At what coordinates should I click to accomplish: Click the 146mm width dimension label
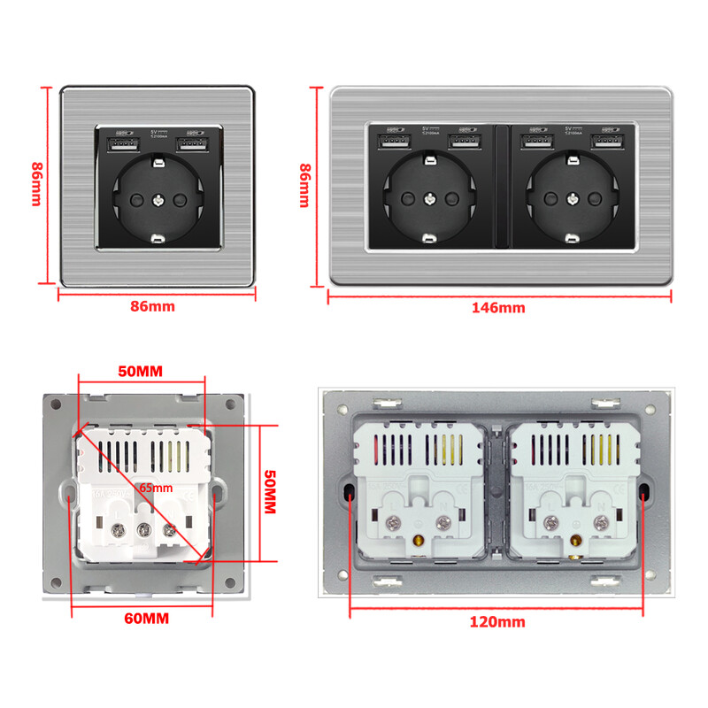[x=499, y=308]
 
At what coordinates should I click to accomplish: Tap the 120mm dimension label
[x=496, y=622]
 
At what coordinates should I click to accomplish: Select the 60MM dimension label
[x=143, y=617]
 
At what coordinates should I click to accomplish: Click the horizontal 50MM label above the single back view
[x=141, y=371]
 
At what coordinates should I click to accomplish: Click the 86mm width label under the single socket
[x=152, y=306]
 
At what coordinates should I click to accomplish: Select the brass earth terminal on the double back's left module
[x=418, y=539]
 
